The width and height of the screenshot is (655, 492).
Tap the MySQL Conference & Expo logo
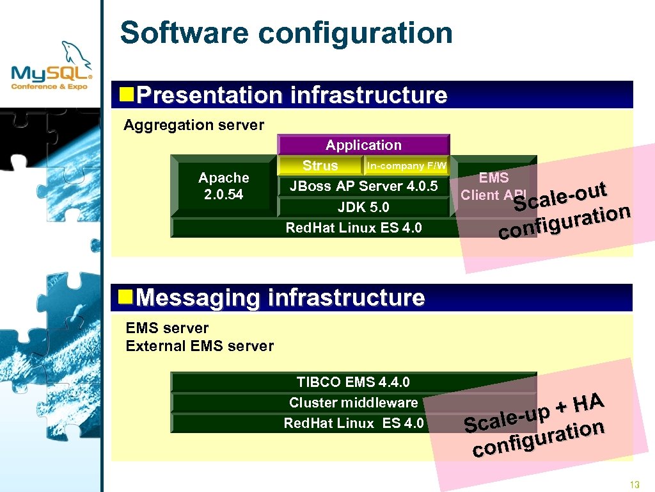[52, 67]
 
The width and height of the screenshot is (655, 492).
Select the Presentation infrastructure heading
[292, 95]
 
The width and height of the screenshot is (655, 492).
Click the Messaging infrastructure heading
[280, 298]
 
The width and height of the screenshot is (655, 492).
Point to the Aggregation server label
[193, 125]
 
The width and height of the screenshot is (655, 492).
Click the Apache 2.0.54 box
[223, 186]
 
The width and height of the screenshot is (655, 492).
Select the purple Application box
[363, 145]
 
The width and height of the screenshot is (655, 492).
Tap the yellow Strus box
[320, 166]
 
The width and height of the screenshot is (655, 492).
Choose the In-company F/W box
[406, 166]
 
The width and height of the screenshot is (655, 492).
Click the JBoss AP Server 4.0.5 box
[363, 186]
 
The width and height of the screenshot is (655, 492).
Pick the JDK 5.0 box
[363, 207]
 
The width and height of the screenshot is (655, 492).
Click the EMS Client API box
[493, 186]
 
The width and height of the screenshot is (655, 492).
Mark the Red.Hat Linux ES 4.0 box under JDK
[353, 228]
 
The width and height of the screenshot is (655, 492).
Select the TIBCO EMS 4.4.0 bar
[353, 382]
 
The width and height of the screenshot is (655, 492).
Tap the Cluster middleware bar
[353, 403]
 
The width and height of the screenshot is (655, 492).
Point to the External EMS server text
[200, 347]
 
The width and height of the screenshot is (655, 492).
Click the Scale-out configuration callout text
[564, 211]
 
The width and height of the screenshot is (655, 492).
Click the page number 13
[635, 484]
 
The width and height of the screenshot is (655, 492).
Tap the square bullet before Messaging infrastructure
[127, 297]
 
